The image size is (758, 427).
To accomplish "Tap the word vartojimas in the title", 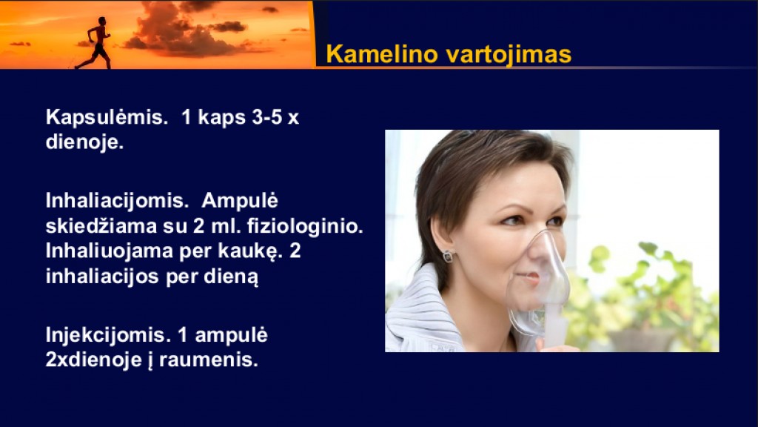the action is [509, 55].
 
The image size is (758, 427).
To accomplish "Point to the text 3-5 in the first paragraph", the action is [266, 118].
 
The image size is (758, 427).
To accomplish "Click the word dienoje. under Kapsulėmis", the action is [84, 143].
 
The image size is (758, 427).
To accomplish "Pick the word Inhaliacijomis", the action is [117, 200].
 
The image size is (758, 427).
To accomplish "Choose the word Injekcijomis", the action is [109, 335].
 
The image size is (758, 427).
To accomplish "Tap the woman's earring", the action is [448, 256].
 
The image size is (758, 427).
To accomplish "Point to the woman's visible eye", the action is [514, 221].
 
